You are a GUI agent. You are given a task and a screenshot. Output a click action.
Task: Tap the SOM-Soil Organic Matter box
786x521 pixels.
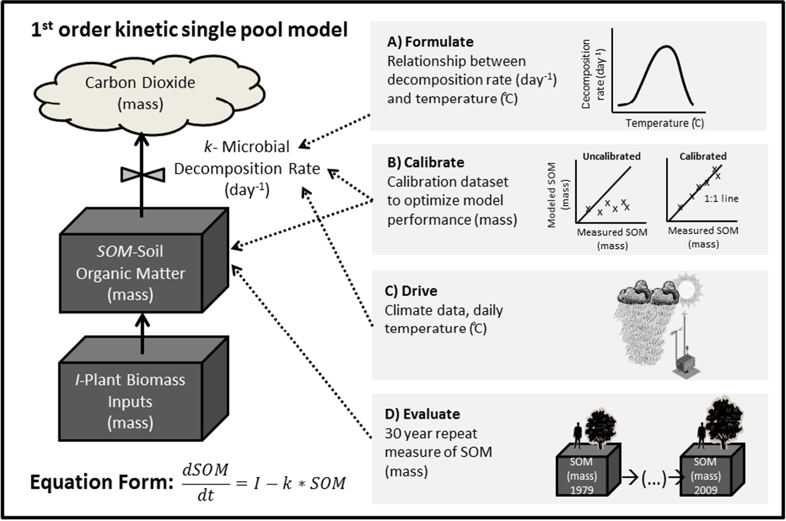point(131,273)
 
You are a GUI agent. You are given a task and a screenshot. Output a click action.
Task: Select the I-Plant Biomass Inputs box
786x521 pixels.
point(131,401)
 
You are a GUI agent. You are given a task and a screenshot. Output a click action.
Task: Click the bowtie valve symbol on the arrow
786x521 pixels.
point(142,174)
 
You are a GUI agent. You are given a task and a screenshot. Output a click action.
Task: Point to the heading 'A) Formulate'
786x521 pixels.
point(430,42)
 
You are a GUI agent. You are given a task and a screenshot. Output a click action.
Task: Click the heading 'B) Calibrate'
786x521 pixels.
point(425,162)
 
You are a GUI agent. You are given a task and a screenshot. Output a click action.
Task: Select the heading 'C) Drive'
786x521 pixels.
point(411,291)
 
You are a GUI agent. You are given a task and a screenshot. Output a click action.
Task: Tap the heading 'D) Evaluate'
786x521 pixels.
point(422,414)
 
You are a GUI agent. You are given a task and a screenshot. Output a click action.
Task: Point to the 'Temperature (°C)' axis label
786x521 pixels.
point(664,123)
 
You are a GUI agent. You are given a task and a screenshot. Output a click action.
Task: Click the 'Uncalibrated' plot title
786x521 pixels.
point(611,156)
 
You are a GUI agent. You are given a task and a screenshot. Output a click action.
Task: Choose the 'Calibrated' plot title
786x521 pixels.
point(702,156)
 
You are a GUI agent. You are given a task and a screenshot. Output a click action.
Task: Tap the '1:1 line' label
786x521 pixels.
point(721,199)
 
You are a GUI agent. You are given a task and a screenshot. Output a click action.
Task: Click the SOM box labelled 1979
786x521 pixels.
point(582,476)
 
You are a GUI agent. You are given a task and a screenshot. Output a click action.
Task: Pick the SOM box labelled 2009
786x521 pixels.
point(706,476)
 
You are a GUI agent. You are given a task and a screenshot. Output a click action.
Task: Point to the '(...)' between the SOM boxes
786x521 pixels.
point(654,478)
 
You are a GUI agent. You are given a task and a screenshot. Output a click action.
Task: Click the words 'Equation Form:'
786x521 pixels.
point(101,483)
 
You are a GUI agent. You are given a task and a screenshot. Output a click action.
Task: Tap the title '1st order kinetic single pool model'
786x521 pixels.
point(189,30)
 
